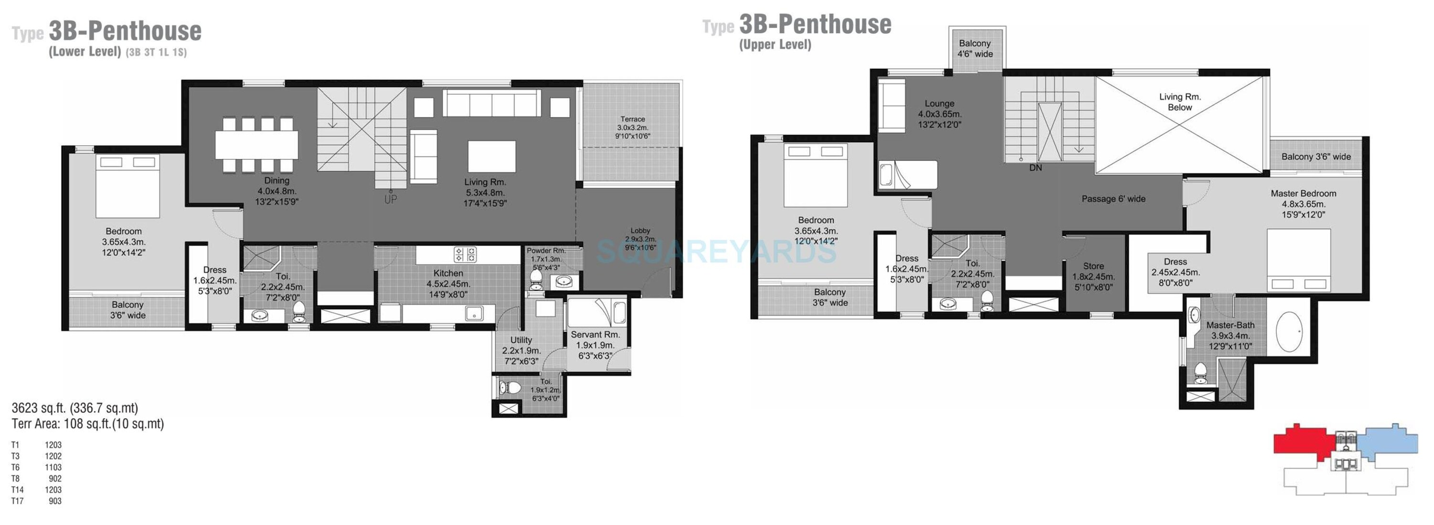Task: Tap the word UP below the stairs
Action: point(391,199)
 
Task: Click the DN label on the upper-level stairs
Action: point(1035,167)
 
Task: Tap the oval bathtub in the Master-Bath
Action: point(1289,332)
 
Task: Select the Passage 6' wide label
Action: point(1113,199)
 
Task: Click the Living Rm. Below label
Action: point(1180,102)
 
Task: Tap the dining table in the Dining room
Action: point(257,145)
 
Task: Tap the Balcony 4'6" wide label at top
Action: point(975,48)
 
